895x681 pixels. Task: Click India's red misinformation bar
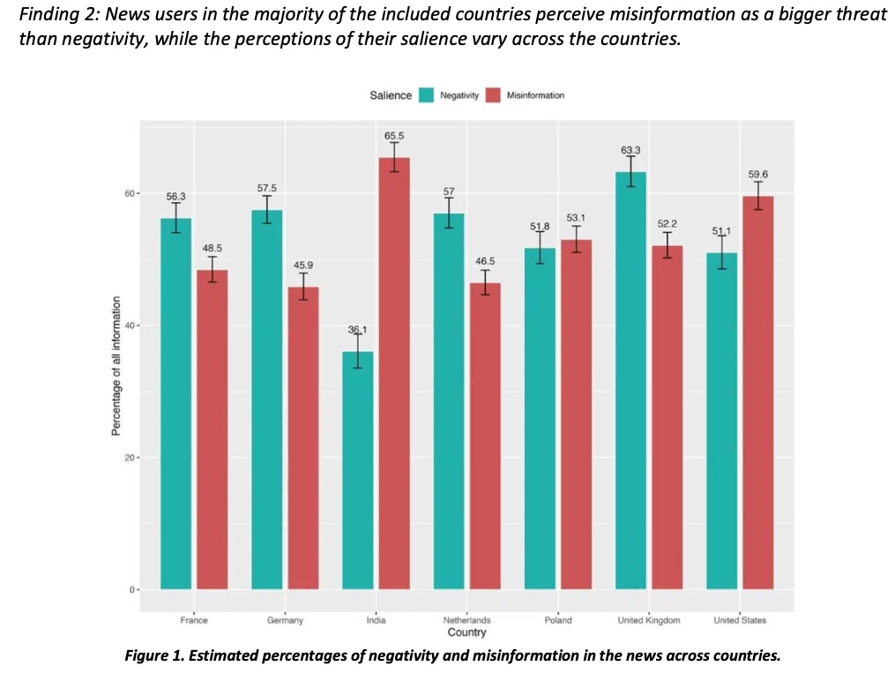pos(394,373)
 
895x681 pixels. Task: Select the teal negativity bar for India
pos(358,470)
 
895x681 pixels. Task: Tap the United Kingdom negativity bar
pos(630,380)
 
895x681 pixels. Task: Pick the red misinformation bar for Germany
pos(303,438)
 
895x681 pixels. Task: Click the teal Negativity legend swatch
pos(427,95)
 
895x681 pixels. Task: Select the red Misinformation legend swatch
pos(493,95)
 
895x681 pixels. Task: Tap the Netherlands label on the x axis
pos(467,620)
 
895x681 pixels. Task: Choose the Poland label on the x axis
pos(557,620)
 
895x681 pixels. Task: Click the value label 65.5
pos(394,136)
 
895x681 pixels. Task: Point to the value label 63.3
pos(630,150)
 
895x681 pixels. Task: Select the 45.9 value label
pos(303,266)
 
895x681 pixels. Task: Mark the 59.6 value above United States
pos(758,174)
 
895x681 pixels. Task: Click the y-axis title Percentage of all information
pos(116,366)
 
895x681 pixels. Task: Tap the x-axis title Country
pos(467,632)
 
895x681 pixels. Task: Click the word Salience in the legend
pos(391,95)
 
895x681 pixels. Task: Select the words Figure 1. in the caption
pos(154,656)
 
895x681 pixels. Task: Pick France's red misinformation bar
pos(213,430)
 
